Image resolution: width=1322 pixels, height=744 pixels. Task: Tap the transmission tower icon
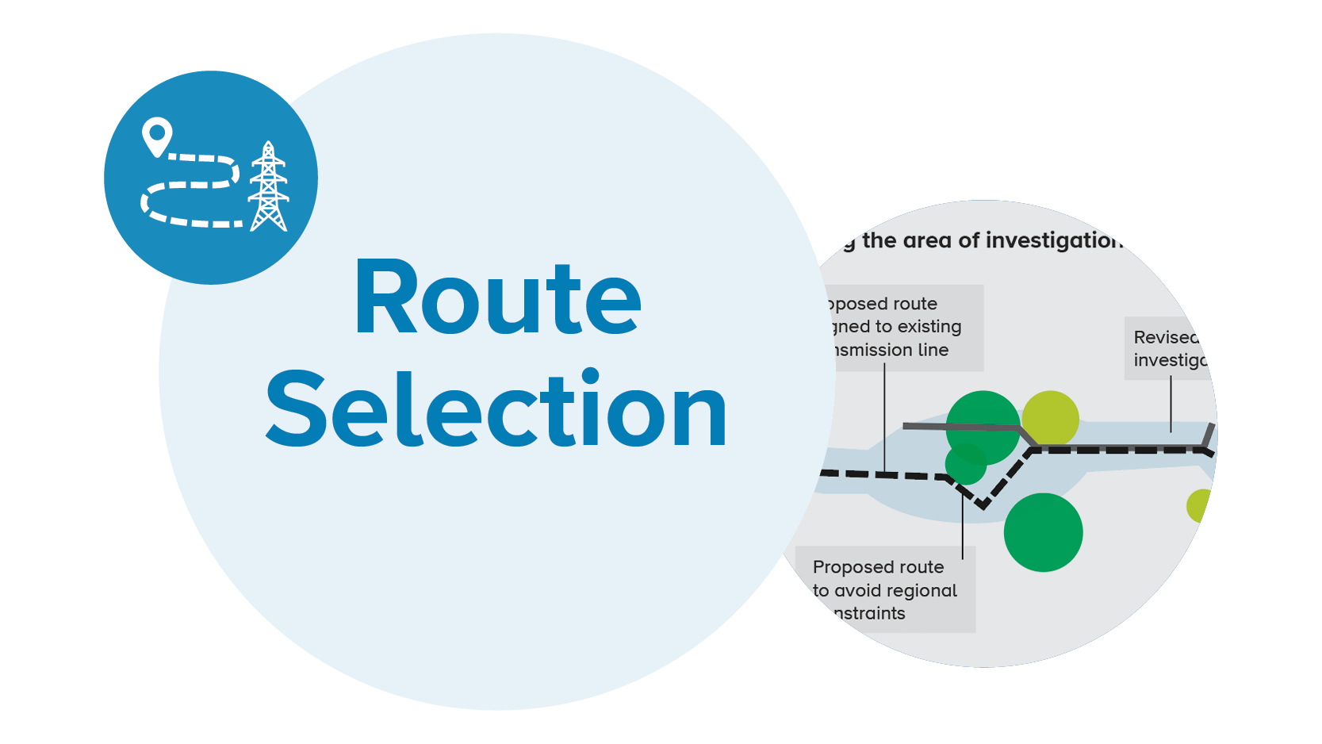(269, 187)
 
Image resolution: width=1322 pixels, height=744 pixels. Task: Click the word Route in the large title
(497, 299)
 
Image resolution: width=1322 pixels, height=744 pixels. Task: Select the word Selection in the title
(496, 410)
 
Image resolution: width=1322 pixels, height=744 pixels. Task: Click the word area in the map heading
(927, 240)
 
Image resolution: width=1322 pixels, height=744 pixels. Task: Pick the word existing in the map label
(929, 327)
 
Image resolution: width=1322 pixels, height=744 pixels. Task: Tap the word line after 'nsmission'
(933, 350)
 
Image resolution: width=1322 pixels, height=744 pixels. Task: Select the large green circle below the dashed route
(1043, 532)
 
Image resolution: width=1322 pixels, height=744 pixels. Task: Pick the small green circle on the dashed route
(966, 465)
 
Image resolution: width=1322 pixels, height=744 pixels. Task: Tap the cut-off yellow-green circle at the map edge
(1198, 505)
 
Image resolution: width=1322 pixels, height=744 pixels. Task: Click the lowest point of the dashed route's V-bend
(983, 504)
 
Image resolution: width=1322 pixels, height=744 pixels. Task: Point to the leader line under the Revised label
(1171, 405)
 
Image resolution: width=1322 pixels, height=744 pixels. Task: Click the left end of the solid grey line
(906, 427)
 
